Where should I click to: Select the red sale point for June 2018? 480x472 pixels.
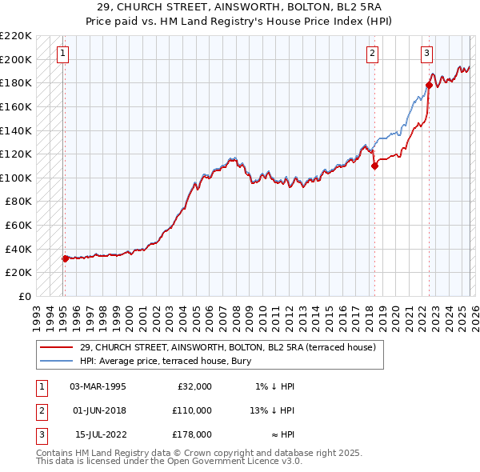tap(374, 166)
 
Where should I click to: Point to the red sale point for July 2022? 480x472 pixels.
tap(429, 86)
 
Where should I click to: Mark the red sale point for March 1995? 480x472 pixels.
tap(65, 258)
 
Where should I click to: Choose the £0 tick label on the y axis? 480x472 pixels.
tap(24, 296)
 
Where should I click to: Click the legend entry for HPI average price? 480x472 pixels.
tap(166, 362)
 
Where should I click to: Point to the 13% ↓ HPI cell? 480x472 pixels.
tap(273, 410)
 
